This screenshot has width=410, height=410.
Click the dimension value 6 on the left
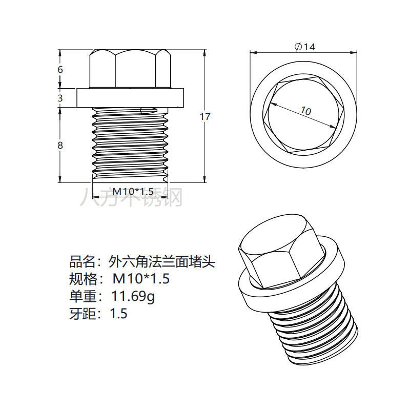tap(60, 69)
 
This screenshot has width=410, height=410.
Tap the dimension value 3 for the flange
tap(60, 97)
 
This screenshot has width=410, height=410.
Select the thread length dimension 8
tap(60, 145)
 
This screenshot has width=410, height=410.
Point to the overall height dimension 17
tap(205, 116)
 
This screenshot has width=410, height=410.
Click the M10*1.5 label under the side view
tap(133, 191)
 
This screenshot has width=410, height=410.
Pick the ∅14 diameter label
tap(305, 47)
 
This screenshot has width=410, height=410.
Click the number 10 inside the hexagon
tap(306, 110)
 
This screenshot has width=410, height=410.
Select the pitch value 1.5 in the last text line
tap(118, 313)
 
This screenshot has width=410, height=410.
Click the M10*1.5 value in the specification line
tap(141, 279)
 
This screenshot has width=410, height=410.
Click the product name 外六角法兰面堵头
tap(161, 262)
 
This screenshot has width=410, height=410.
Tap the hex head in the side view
tap(130, 69)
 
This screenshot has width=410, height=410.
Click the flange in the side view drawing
tap(130, 97)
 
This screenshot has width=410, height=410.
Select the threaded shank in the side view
tap(130, 143)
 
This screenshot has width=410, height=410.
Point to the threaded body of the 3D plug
tap(315, 328)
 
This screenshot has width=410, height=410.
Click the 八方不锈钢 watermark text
tap(131, 197)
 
